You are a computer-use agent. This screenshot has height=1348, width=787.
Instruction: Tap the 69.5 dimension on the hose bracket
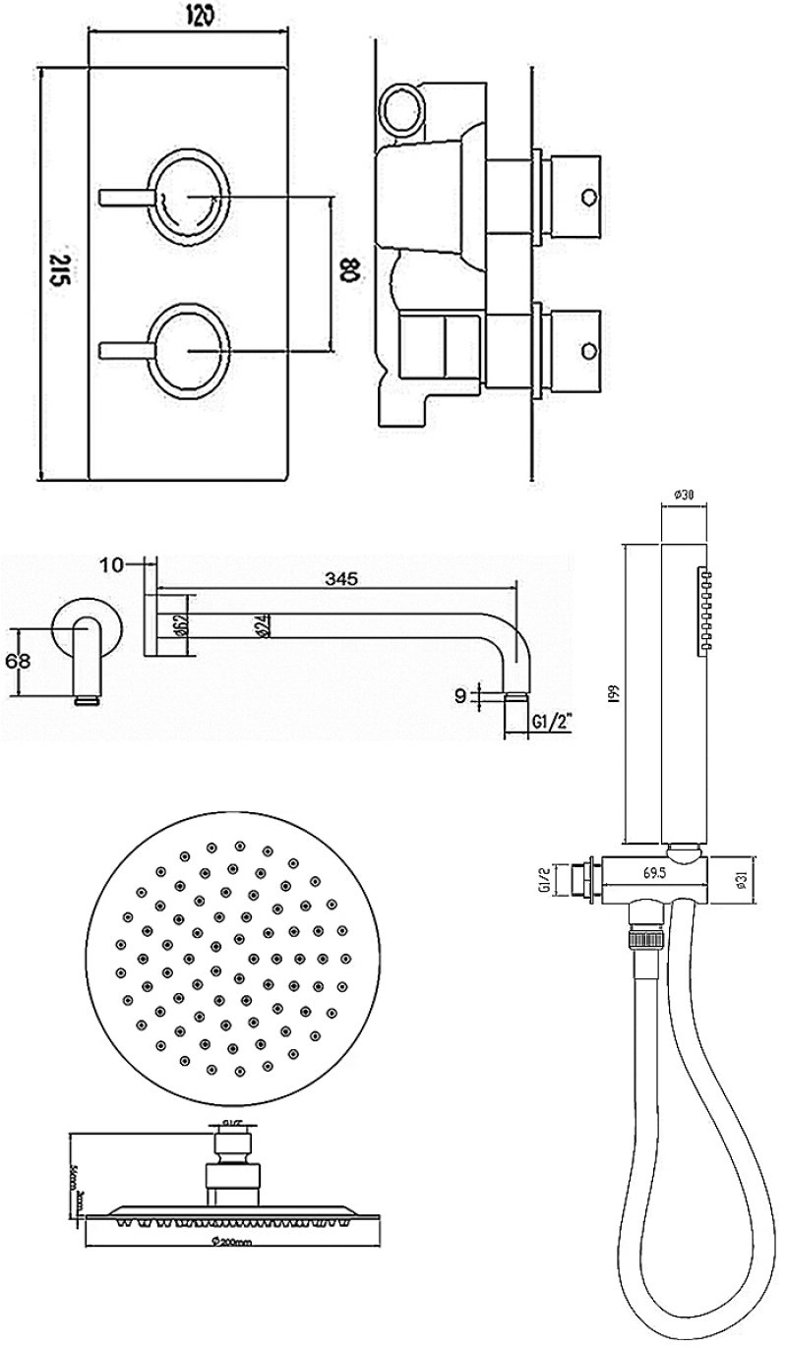[x=652, y=872]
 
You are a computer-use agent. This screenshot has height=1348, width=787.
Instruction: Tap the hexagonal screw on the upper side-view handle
[x=589, y=195]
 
